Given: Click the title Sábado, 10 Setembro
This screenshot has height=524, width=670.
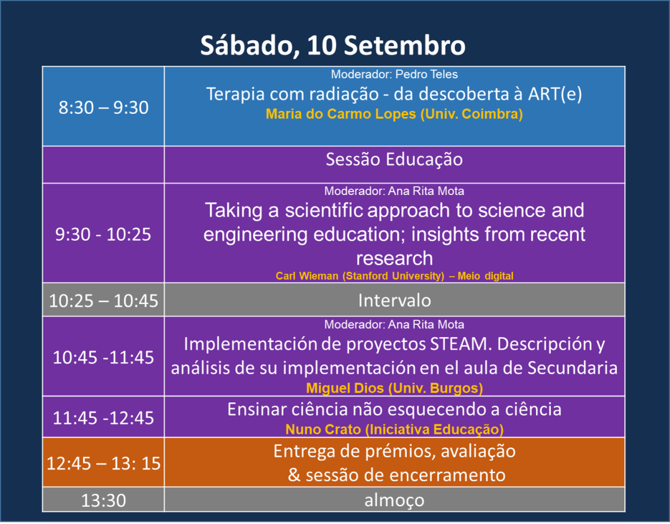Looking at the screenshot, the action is (333, 45).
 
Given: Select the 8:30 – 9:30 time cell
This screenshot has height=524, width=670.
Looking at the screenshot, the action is (104, 107).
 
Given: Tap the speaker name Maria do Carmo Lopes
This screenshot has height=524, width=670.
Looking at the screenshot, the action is (341, 114).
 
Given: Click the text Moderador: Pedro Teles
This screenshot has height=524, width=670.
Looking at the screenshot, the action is (394, 74).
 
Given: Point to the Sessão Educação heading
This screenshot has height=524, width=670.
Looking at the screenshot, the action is (394, 159).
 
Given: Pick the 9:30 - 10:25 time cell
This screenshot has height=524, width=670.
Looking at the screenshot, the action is (104, 234).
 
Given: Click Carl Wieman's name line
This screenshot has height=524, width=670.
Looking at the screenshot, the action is (394, 276).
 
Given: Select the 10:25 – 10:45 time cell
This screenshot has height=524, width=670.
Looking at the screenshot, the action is (104, 300).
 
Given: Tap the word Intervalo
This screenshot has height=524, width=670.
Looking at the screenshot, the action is (394, 301).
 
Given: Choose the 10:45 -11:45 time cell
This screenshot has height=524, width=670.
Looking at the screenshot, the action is (104, 356).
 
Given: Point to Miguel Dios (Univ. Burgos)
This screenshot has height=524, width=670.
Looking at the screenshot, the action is (394, 388).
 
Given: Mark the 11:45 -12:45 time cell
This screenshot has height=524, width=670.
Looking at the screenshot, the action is (104, 417).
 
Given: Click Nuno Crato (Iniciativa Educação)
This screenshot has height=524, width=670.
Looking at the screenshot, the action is (394, 429).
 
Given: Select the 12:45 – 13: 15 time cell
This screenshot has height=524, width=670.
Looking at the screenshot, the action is (104, 462).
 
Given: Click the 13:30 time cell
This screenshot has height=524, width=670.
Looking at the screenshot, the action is (104, 500).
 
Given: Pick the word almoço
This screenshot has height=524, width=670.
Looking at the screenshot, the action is (394, 500).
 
